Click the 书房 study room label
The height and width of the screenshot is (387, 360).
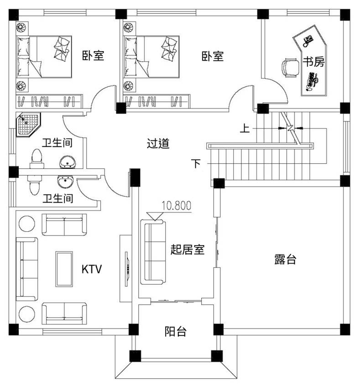pyautogui.click(x=313, y=61)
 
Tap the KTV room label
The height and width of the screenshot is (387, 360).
pyautogui.click(x=92, y=269)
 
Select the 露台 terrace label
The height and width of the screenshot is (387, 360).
pyautogui.click(x=285, y=259)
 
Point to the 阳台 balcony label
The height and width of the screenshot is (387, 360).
pyautogui.click(x=175, y=331)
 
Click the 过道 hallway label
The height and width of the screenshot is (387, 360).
pyautogui.click(x=158, y=143)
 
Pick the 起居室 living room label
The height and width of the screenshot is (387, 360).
pyautogui.click(x=188, y=250)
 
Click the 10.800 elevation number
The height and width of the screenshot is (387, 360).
pyautogui.click(x=177, y=205)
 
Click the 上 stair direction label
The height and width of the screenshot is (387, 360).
pyautogui.click(x=245, y=128)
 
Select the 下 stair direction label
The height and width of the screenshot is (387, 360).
pyautogui.click(x=196, y=163)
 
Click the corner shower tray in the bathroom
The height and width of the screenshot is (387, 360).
pyautogui.click(x=28, y=125)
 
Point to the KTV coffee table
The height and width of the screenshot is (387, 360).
pyautogui.click(x=64, y=269)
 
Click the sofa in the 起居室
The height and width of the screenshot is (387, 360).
pyautogui.click(x=153, y=252)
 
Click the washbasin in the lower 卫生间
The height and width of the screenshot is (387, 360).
pyautogui.click(x=65, y=182)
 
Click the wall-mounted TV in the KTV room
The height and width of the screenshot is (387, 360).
pyautogui.click(x=127, y=269)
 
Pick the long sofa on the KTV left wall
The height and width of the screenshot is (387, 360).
pyautogui.click(x=27, y=269)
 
